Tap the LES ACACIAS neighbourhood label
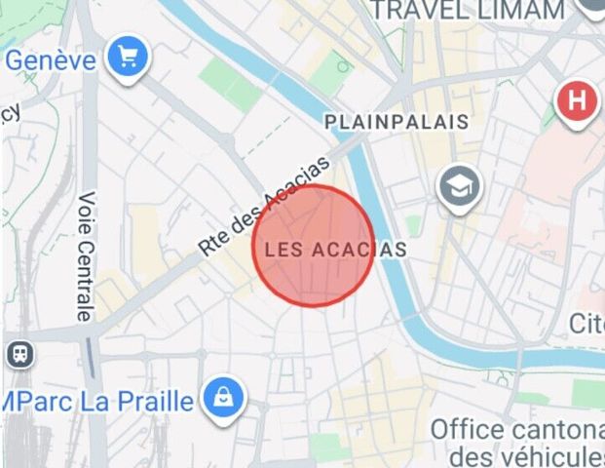click(x=335, y=250)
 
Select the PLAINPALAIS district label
click(x=396, y=123)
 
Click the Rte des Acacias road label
click(x=265, y=210)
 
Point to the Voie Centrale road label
click(x=86, y=256)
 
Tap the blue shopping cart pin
click(x=127, y=58)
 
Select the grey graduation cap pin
click(x=458, y=185)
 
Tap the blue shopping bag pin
click(x=224, y=397)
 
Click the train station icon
click(x=19, y=353)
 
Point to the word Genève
click(x=51, y=60)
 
